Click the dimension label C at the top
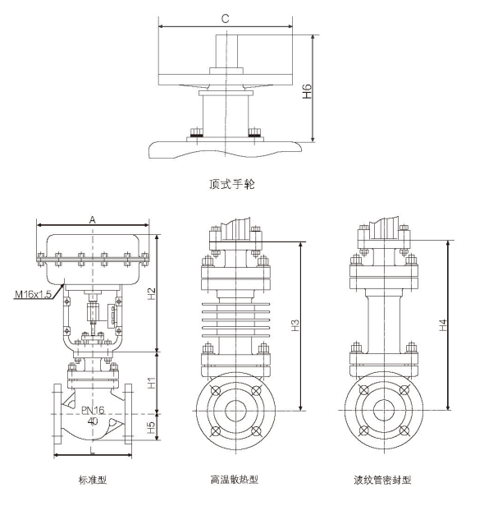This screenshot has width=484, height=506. (x=225, y=17)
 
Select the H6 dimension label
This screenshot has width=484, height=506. (x=307, y=90)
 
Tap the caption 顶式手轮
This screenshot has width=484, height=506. (x=232, y=184)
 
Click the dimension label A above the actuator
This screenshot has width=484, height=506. (x=93, y=219)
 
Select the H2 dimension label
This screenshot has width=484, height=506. (x=152, y=293)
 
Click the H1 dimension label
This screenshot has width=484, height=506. (x=152, y=383)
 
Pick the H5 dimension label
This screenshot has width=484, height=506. (x=152, y=428)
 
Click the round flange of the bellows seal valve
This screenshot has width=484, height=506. (x=382, y=411)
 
